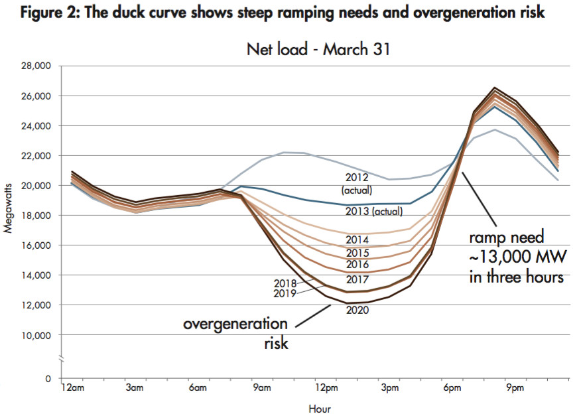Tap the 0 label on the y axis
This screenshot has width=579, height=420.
48,378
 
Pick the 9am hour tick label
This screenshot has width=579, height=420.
261,387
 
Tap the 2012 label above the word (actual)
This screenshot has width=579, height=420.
358,177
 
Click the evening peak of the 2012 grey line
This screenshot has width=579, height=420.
494,129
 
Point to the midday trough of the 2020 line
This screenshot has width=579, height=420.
348,303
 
